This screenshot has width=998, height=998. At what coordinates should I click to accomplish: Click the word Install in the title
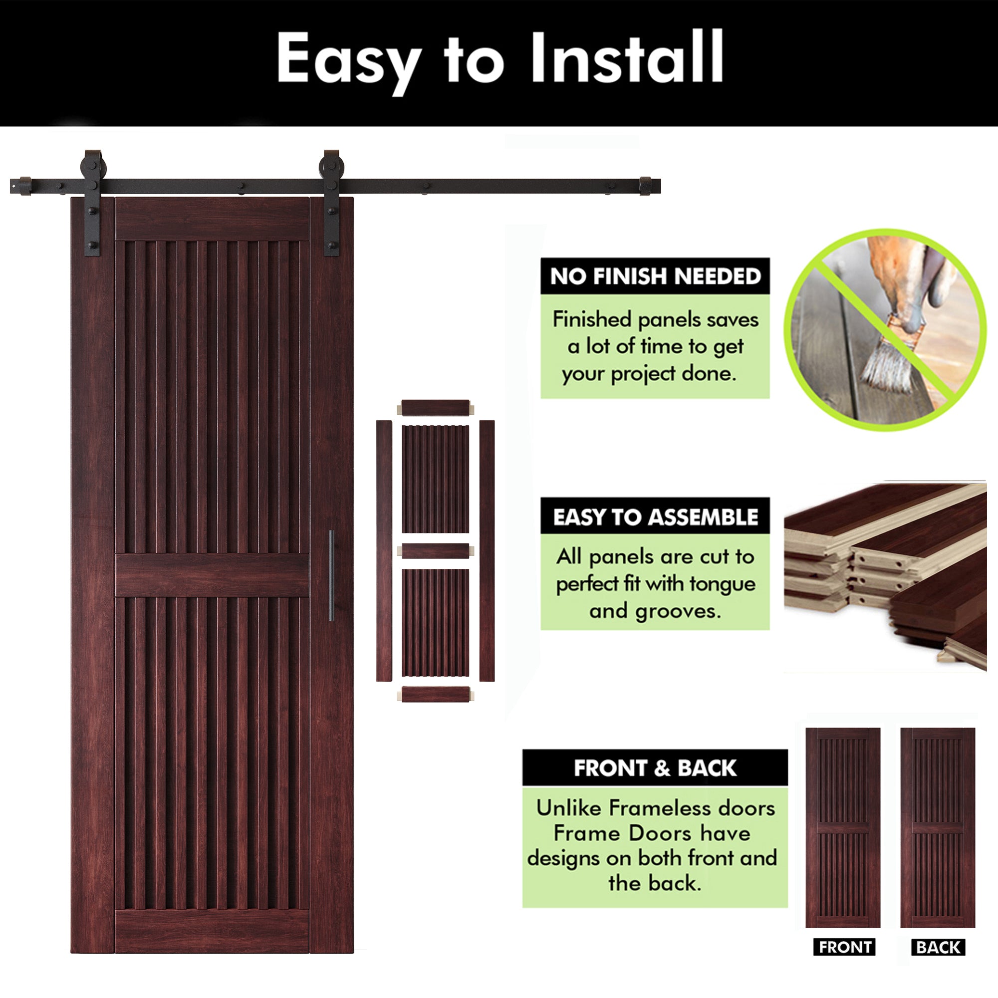(627, 58)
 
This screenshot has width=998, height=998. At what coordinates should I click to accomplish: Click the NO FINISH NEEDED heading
(655, 276)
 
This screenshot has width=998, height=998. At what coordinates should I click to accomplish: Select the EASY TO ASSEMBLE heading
(655, 516)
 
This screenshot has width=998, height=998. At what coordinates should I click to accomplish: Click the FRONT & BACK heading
(655, 768)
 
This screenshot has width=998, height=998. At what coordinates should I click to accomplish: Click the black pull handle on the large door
(332, 575)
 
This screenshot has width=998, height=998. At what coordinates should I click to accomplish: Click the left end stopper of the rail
(23, 186)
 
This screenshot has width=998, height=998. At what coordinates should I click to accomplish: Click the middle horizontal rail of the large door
(212, 575)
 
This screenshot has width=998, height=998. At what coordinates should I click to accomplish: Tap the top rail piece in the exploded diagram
(435, 408)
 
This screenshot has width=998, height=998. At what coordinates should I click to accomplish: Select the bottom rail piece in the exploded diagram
(435, 694)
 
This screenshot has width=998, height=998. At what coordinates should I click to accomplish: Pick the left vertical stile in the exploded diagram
(384, 550)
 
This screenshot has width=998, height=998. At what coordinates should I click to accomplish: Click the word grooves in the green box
(677, 612)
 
